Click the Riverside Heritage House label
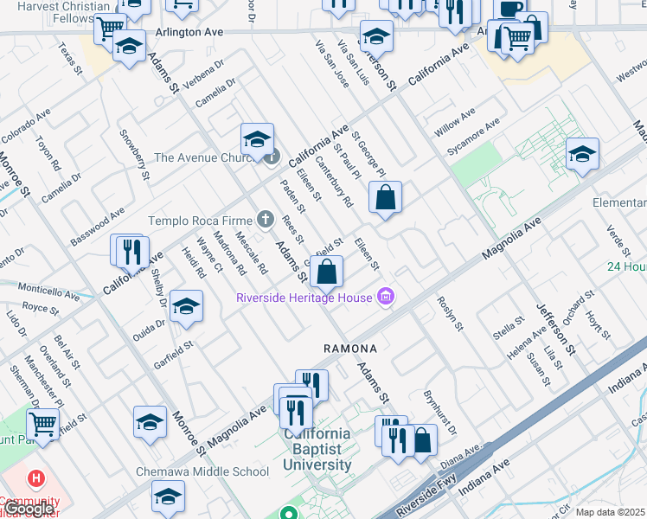304,298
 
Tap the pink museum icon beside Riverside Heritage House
386,298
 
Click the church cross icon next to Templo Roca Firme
266,220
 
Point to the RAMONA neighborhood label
350,349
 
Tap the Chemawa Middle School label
202,471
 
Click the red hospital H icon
35,478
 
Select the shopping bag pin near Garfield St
327,272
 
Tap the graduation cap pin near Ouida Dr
186,307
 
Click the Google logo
29,509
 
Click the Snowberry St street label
134,155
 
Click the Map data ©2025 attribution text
610,512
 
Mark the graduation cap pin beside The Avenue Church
257,140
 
